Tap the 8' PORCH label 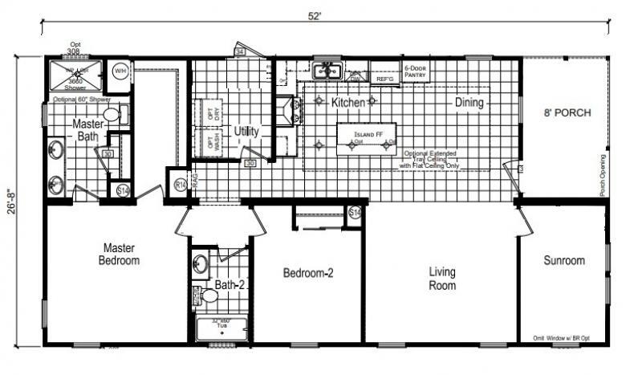pos(567,112)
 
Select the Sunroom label pos(563,260)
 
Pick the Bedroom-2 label pos(308,273)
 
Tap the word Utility pos(246,131)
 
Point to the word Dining pos(470,102)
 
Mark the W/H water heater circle pos(120,71)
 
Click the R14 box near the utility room pos(181,184)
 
